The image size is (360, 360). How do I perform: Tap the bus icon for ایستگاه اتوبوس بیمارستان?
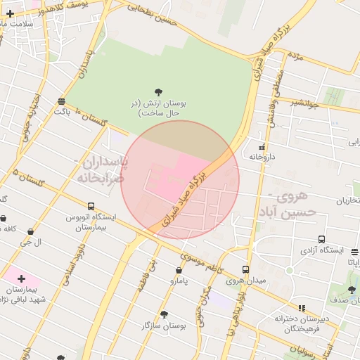pos(91,206)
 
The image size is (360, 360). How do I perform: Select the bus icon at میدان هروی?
pos(245,269)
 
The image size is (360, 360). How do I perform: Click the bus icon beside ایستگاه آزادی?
pos(321,239)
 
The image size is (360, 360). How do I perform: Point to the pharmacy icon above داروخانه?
pos(262,147)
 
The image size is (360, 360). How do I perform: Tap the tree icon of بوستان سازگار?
pos(164,314)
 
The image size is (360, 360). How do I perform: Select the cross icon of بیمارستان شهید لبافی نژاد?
pos(21,278)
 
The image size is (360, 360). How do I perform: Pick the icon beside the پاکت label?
pos(62,101)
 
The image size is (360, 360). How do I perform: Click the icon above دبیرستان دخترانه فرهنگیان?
pos(302,307)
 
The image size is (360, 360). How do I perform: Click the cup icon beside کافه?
pos(12,230)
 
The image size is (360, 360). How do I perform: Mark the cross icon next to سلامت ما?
pos(10,13)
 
